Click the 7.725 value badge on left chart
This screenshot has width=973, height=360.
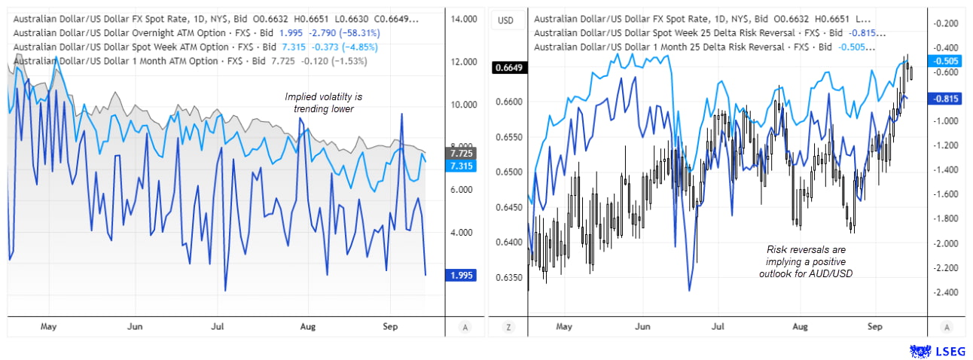tap(460, 153)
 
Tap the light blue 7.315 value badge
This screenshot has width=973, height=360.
tap(460, 166)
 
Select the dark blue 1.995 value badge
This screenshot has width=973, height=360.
tap(460, 275)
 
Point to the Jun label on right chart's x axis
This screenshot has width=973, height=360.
tap(642, 327)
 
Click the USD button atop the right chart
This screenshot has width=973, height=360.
tap(506, 20)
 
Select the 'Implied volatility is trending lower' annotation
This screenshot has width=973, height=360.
tap(323, 102)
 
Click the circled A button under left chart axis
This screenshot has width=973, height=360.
tap(465, 327)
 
